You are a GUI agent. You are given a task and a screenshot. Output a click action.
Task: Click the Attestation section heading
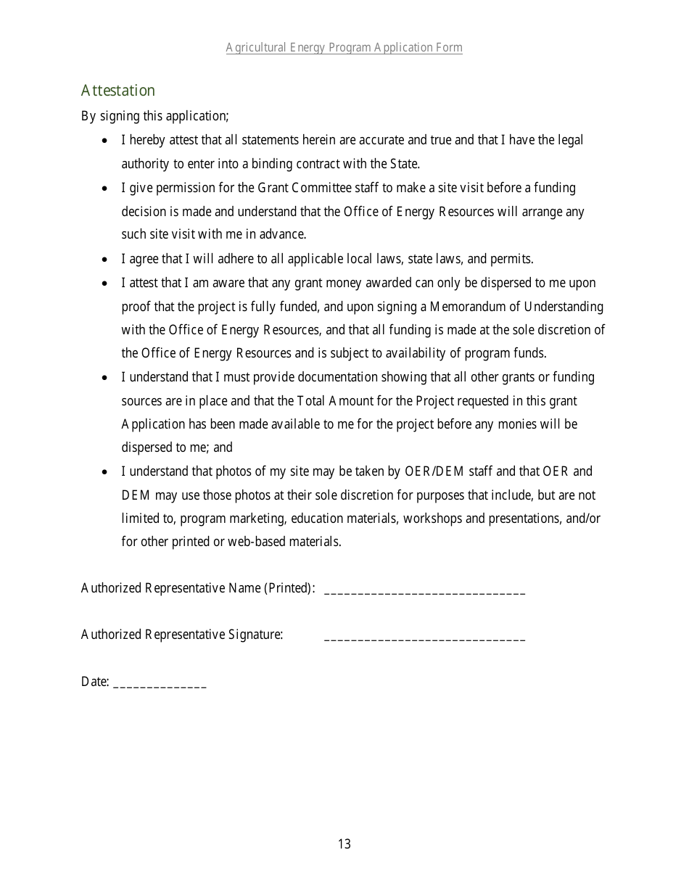click(x=118, y=91)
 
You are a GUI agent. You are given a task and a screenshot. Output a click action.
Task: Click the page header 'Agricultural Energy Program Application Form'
click(x=344, y=48)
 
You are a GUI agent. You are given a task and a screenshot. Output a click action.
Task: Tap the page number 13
click(x=344, y=843)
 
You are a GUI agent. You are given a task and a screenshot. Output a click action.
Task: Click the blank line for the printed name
click(x=425, y=592)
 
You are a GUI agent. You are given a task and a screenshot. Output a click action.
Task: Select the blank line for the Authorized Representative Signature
click(x=425, y=638)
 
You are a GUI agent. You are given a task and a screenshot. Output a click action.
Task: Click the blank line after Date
click(x=160, y=685)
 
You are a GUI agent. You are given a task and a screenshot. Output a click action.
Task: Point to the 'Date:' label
click(x=95, y=682)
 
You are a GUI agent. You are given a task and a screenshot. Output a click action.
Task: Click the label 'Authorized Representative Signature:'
click(x=182, y=635)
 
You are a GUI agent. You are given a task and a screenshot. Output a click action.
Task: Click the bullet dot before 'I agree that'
click(x=106, y=260)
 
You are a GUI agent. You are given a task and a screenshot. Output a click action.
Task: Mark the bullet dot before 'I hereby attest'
click(x=106, y=141)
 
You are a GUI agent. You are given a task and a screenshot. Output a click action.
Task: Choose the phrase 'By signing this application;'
click(x=155, y=116)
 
